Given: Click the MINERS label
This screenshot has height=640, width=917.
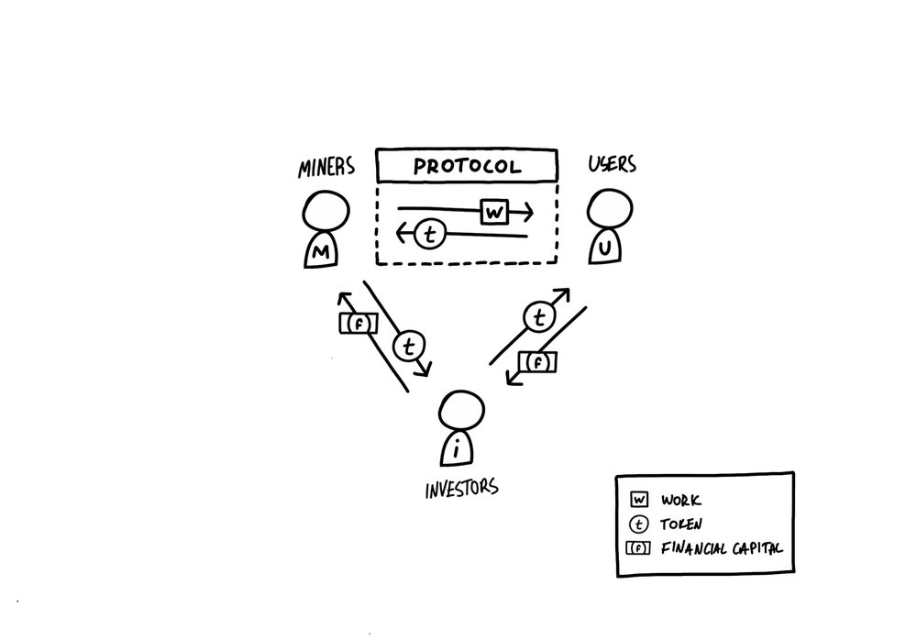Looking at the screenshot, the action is (x=326, y=167).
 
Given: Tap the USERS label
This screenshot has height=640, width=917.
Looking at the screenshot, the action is (x=613, y=164).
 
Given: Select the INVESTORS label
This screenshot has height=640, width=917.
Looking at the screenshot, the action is (x=462, y=488).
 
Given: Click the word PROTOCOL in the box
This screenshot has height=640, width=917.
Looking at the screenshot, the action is (x=467, y=166).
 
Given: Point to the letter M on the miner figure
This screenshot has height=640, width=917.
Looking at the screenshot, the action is (x=320, y=253).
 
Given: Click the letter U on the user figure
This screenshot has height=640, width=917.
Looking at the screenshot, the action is (x=605, y=248).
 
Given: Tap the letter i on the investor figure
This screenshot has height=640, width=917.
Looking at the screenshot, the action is (x=457, y=450).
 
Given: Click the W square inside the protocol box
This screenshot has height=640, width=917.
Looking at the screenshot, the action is (x=495, y=212).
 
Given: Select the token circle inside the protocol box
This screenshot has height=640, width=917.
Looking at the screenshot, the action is (x=430, y=235).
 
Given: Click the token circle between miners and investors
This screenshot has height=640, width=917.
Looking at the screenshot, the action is (x=409, y=347).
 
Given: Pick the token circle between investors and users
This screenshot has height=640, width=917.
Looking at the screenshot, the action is (x=539, y=317).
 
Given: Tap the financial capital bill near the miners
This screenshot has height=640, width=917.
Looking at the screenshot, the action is (x=359, y=324).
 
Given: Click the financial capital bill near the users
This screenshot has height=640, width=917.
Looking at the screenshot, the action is (x=537, y=362).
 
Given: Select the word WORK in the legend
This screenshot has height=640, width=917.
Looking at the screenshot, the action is (x=681, y=501).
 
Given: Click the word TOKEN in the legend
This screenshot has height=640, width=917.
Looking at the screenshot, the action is (x=681, y=524).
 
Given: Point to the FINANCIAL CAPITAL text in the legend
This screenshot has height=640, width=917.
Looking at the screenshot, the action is (x=722, y=548).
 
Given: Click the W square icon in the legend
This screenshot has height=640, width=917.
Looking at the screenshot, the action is (x=639, y=500).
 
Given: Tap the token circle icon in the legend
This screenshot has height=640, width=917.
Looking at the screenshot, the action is (x=638, y=524).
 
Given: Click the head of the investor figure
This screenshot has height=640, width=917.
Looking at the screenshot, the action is (x=461, y=411).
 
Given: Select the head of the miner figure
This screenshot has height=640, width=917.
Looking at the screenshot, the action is (x=326, y=212).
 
